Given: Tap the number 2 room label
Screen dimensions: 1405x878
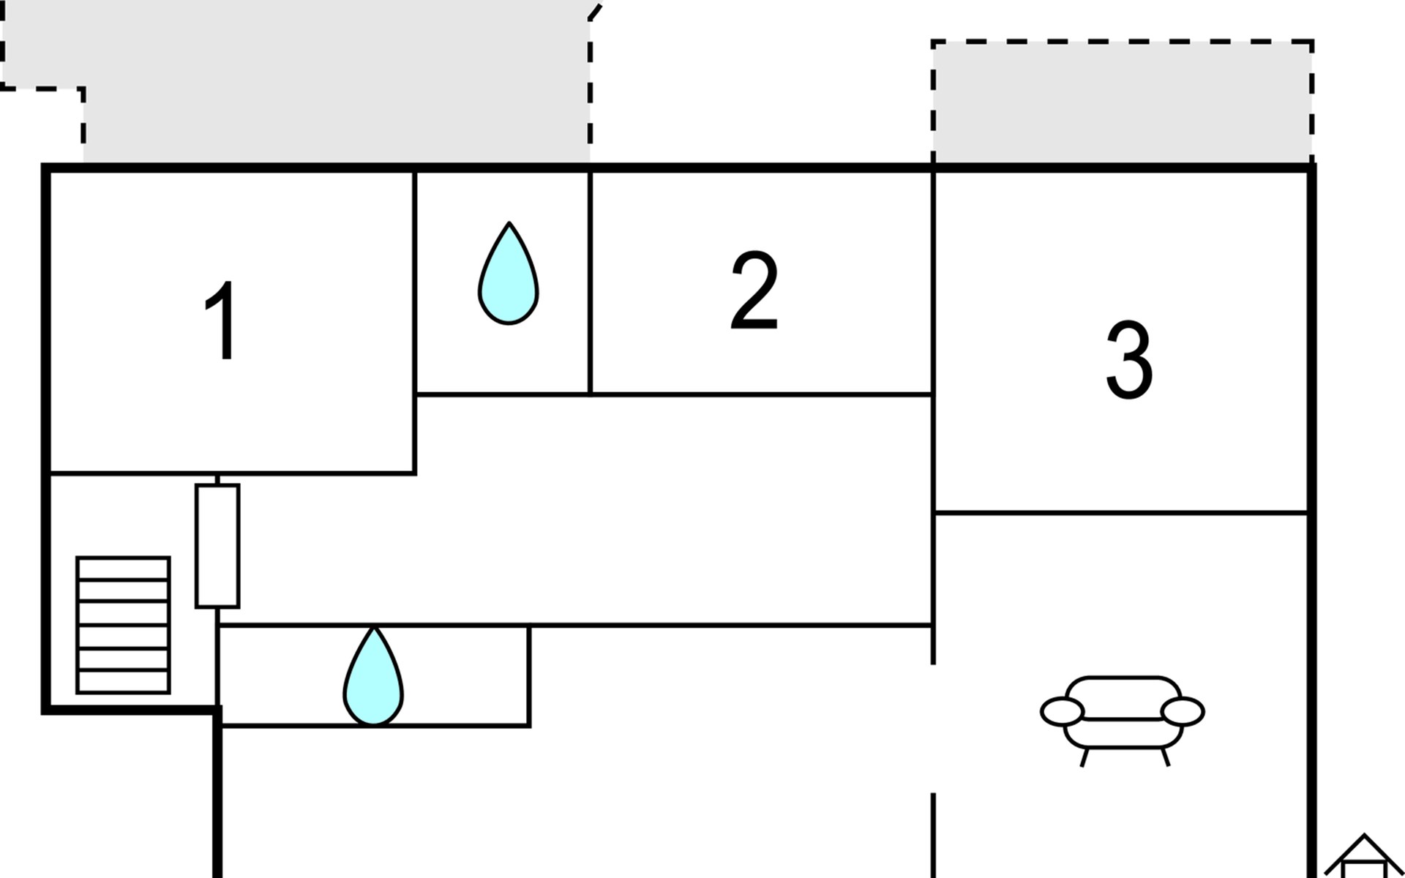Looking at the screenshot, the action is [x=754, y=290].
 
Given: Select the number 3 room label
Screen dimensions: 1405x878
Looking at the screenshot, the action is [x=1129, y=360].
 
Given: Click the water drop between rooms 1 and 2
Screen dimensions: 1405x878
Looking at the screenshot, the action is [x=509, y=273].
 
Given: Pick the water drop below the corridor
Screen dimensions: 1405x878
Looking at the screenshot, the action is [x=373, y=676].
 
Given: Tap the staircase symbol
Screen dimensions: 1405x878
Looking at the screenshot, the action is [x=124, y=625].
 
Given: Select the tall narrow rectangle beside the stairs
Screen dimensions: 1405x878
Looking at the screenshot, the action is [x=217, y=546].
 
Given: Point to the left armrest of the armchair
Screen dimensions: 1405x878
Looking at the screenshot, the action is [x=1063, y=712].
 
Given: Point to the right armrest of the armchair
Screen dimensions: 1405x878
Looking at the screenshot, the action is [x=1183, y=712].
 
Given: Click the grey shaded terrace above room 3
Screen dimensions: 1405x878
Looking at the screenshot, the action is [x=1123, y=102].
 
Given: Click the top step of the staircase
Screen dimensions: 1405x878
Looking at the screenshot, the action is [x=124, y=569].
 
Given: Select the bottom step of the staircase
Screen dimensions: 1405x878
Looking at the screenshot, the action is [x=124, y=681].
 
